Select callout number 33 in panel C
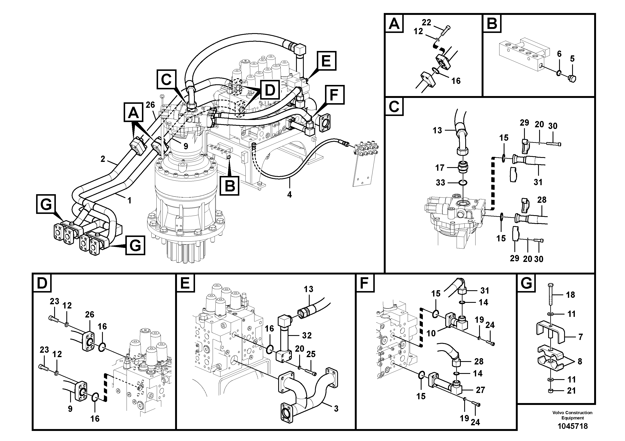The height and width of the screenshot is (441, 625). point(440,182)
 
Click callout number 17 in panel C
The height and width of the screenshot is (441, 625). point(440,168)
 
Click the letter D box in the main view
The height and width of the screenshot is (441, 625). point(270,90)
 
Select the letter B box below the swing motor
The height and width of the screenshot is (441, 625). point(230,186)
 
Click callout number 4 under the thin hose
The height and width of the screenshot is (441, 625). point(289,194)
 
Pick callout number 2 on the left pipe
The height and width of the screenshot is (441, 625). point(103,159)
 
